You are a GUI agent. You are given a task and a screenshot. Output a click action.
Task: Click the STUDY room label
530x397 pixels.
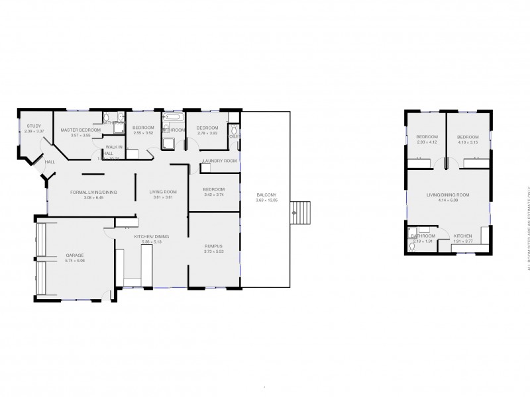click(34, 126)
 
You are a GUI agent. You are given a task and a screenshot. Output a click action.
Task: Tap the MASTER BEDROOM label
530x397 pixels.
click(80, 130)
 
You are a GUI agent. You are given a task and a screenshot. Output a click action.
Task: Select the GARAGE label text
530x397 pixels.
click(75, 255)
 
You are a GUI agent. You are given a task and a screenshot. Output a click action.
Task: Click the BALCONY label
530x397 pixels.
click(266, 195)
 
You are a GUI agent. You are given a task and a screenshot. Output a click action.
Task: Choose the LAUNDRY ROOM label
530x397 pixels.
click(219, 161)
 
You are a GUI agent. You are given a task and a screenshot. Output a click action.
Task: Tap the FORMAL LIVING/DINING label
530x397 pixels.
click(93, 192)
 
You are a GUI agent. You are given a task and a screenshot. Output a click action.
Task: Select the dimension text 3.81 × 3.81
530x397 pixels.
click(162, 197)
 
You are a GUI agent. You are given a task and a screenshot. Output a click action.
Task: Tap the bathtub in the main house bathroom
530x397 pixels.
click(174, 118)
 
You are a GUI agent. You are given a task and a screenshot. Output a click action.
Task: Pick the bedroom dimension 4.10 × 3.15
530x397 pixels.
click(468, 142)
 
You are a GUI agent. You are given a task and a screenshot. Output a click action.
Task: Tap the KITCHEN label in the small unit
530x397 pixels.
click(463, 236)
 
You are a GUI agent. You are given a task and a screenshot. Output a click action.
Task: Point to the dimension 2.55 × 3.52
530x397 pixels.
click(143, 133)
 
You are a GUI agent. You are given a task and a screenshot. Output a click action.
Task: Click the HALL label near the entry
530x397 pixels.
click(50, 161)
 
